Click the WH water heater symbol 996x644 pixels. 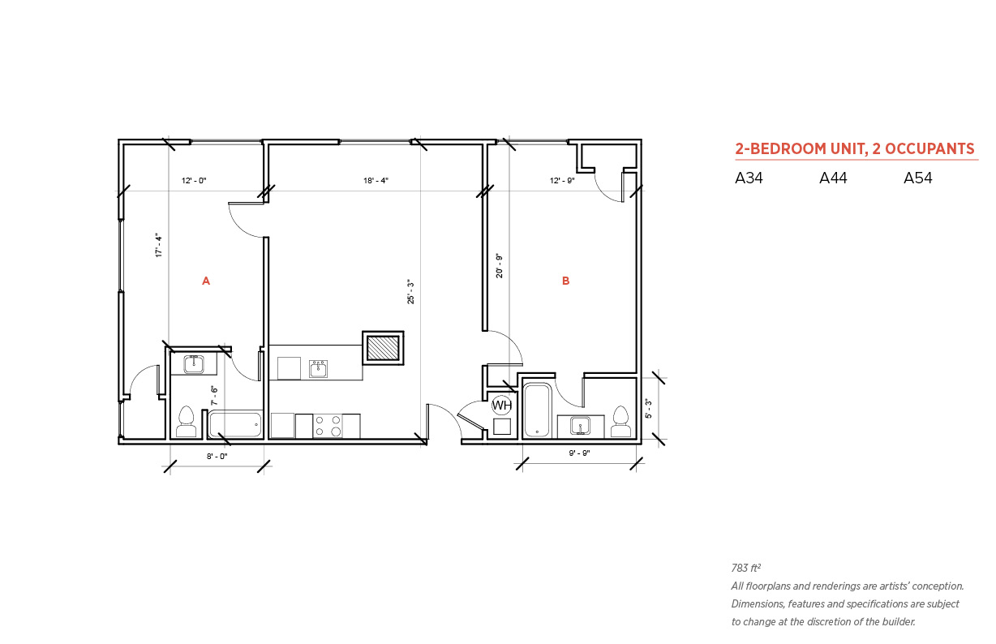click(x=501, y=406)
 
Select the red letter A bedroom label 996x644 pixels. click(x=206, y=281)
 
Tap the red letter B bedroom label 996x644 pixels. click(x=565, y=281)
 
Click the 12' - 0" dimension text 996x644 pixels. click(x=194, y=181)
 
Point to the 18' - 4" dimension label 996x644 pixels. click(x=376, y=181)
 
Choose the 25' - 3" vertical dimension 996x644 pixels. click(x=411, y=292)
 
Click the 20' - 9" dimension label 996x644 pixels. click(x=500, y=266)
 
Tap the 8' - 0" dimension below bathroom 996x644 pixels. click(x=217, y=457)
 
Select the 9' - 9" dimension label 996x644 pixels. click(x=579, y=453)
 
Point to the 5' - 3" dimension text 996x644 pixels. click(x=648, y=409)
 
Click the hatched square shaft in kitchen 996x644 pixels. click(x=383, y=348)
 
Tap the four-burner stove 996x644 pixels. click(x=327, y=426)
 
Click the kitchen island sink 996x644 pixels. click(x=319, y=369)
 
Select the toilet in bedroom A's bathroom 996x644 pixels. click(x=187, y=422)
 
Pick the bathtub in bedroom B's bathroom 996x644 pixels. click(x=538, y=410)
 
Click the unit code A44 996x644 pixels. click(x=833, y=178)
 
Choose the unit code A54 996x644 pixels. click(x=918, y=178)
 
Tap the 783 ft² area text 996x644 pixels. click(x=745, y=568)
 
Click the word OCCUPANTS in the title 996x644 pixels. click(x=929, y=148)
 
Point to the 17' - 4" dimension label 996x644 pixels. click(x=159, y=245)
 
